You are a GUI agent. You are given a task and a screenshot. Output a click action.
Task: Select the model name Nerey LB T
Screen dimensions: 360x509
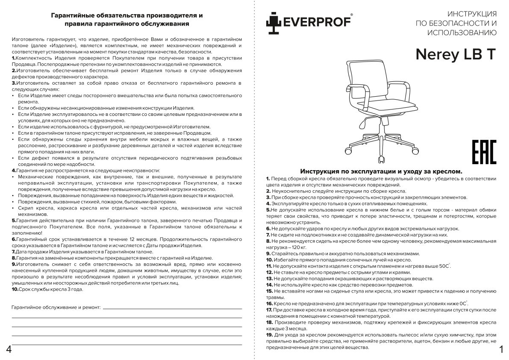pyautogui.click(x=456, y=54)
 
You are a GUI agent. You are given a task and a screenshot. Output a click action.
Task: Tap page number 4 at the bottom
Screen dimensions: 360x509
pyautogui.click(x=9, y=349)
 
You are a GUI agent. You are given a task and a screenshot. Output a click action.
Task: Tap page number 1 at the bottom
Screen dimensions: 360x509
pyautogui.click(x=501, y=349)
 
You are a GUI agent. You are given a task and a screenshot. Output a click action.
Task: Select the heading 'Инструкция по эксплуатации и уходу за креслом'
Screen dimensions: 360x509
pyautogui.click(x=381, y=171)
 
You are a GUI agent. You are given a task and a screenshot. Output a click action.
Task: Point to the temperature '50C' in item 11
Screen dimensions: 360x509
pyautogui.click(x=444, y=266)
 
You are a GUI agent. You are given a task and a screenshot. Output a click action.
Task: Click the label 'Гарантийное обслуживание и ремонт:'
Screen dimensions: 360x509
pyautogui.click(x=56, y=307)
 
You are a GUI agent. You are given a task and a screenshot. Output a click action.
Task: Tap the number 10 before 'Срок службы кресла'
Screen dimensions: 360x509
pyautogui.click(x=15, y=289)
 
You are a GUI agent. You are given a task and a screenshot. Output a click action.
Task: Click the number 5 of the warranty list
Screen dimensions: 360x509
pyautogui.click(x=14, y=220)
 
